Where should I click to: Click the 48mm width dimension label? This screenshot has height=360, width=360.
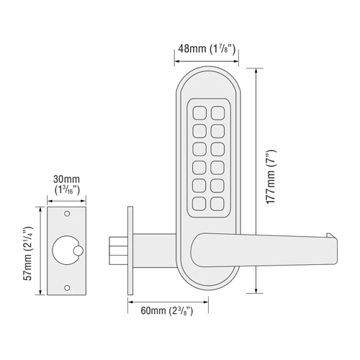point(207,49)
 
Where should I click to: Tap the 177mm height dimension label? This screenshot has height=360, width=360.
point(271,177)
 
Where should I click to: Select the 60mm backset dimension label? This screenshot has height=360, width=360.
point(167,310)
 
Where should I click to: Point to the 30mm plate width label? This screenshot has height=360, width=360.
point(66,184)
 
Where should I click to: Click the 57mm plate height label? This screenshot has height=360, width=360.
point(28,253)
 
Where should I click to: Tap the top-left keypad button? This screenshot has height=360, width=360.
point(199,113)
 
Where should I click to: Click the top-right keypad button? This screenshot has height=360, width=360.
point(217,113)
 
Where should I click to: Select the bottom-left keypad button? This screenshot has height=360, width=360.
point(199,204)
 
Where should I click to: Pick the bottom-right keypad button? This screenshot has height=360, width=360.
point(217,204)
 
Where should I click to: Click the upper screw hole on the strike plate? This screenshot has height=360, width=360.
point(67,213)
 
